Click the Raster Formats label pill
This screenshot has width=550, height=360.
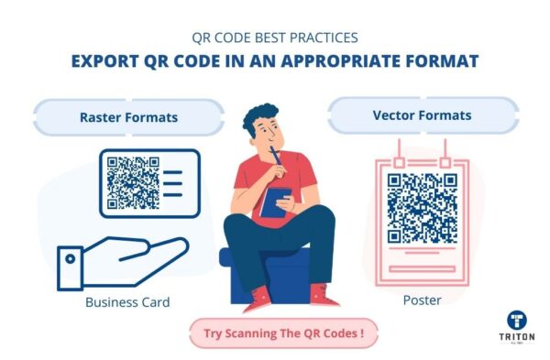pos(128,117)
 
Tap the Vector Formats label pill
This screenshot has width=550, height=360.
pos(422,116)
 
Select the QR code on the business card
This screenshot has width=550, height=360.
pos(133,183)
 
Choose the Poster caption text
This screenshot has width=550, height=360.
pos(422,300)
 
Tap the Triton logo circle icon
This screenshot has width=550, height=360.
pos(516,321)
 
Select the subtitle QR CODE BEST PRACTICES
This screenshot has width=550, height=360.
pos(275,38)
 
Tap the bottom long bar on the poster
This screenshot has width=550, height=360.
pos(421,269)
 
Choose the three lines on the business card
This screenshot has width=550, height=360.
pos(172,183)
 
